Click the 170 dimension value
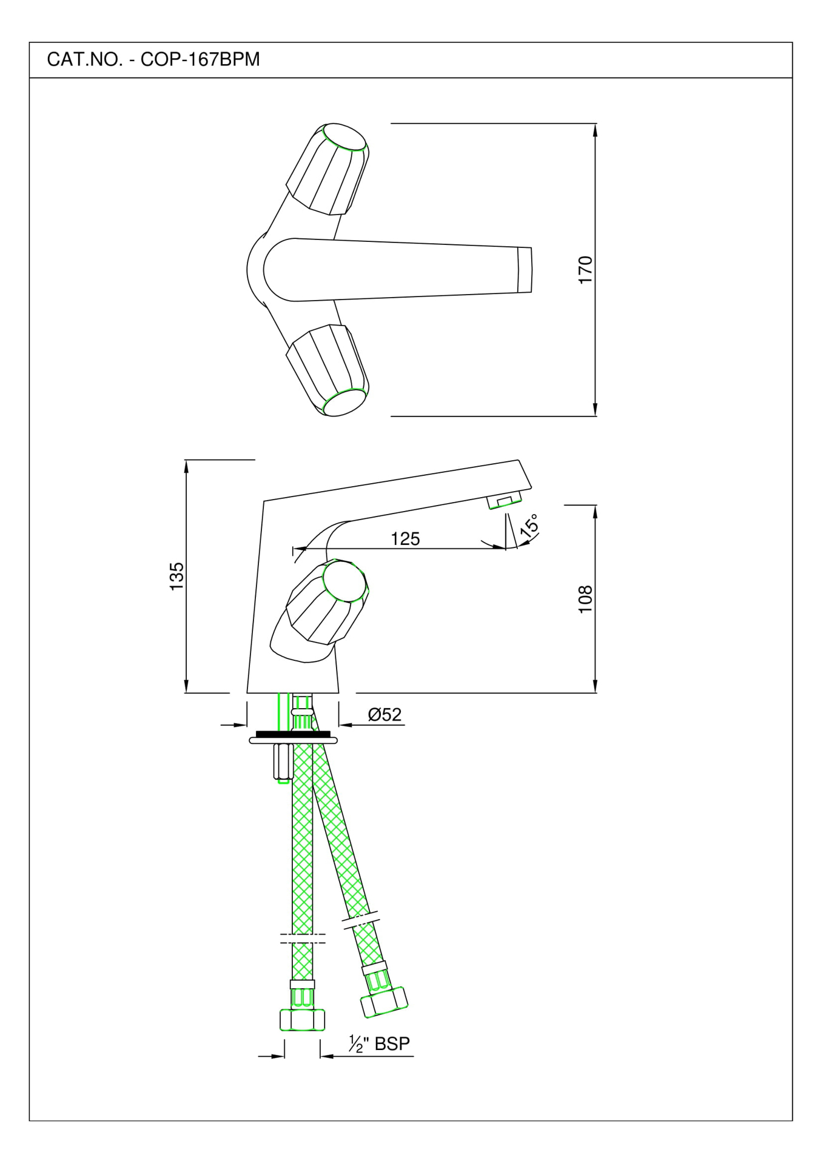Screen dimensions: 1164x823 coord(585,270)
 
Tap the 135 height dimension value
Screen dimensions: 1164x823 coord(176,576)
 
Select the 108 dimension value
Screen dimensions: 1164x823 coord(585,599)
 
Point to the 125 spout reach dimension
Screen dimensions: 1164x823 coord(405,538)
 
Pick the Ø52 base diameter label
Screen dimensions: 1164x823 coord(385,715)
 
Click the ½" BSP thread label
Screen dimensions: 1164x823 coord(380,1043)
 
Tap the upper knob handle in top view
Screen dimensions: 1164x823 coord(328,170)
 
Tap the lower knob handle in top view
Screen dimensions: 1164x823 coord(328,370)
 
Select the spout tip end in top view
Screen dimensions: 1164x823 coord(525,270)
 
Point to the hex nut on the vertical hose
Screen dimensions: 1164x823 coord(302,1020)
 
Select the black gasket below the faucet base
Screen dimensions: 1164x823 coord(293,734)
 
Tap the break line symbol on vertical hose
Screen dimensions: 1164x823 coord(302,938)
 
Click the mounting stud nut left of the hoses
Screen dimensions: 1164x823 coord(283,763)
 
